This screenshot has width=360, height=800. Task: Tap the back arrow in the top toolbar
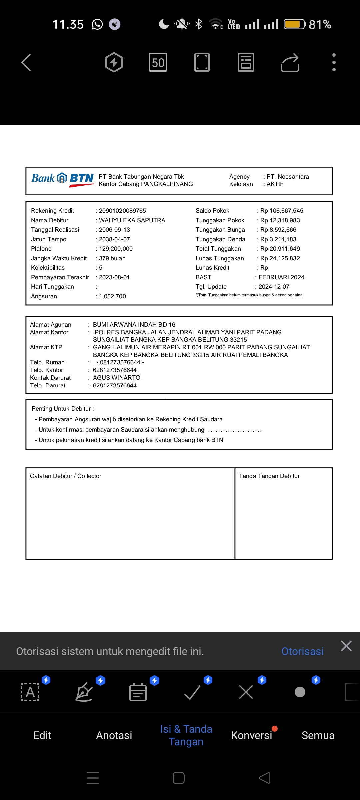click(x=26, y=62)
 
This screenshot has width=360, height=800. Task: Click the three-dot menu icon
click(x=334, y=62)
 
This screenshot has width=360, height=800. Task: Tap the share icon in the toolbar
click(x=290, y=62)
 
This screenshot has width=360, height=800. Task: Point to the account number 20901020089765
click(x=122, y=211)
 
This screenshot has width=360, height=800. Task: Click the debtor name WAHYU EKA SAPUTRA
click(x=132, y=220)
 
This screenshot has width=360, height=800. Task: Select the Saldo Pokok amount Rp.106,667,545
click(x=282, y=211)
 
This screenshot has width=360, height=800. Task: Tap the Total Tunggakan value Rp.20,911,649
click(x=280, y=249)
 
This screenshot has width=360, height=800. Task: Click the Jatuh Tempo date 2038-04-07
click(x=114, y=239)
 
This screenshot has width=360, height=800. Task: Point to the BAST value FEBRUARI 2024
click(x=281, y=277)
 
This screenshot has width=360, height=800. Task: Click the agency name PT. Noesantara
click(x=288, y=177)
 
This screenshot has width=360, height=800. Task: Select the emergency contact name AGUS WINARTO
click(x=117, y=378)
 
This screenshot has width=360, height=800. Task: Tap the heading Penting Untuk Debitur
click(x=63, y=409)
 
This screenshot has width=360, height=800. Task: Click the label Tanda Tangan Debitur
click(x=269, y=476)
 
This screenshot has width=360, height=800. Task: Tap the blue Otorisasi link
click(x=302, y=651)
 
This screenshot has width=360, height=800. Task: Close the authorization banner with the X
click(x=346, y=646)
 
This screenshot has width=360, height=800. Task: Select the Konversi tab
click(x=252, y=735)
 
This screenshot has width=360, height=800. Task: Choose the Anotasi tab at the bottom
click(x=114, y=735)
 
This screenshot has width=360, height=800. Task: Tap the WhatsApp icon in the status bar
click(x=97, y=24)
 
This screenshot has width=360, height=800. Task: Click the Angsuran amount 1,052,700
click(x=112, y=296)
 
